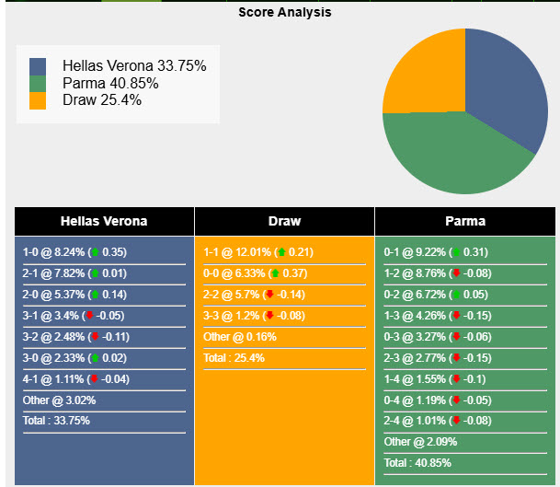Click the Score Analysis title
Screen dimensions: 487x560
click(285, 13)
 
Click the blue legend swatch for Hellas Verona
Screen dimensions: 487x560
click(38, 66)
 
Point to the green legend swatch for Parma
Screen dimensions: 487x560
click(38, 84)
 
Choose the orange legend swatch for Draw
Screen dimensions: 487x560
click(38, 100)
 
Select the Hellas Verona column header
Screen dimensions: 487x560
click(104, 221)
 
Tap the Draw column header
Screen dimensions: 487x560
click(284, 221)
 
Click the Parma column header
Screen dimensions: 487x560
click(465, 221)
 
